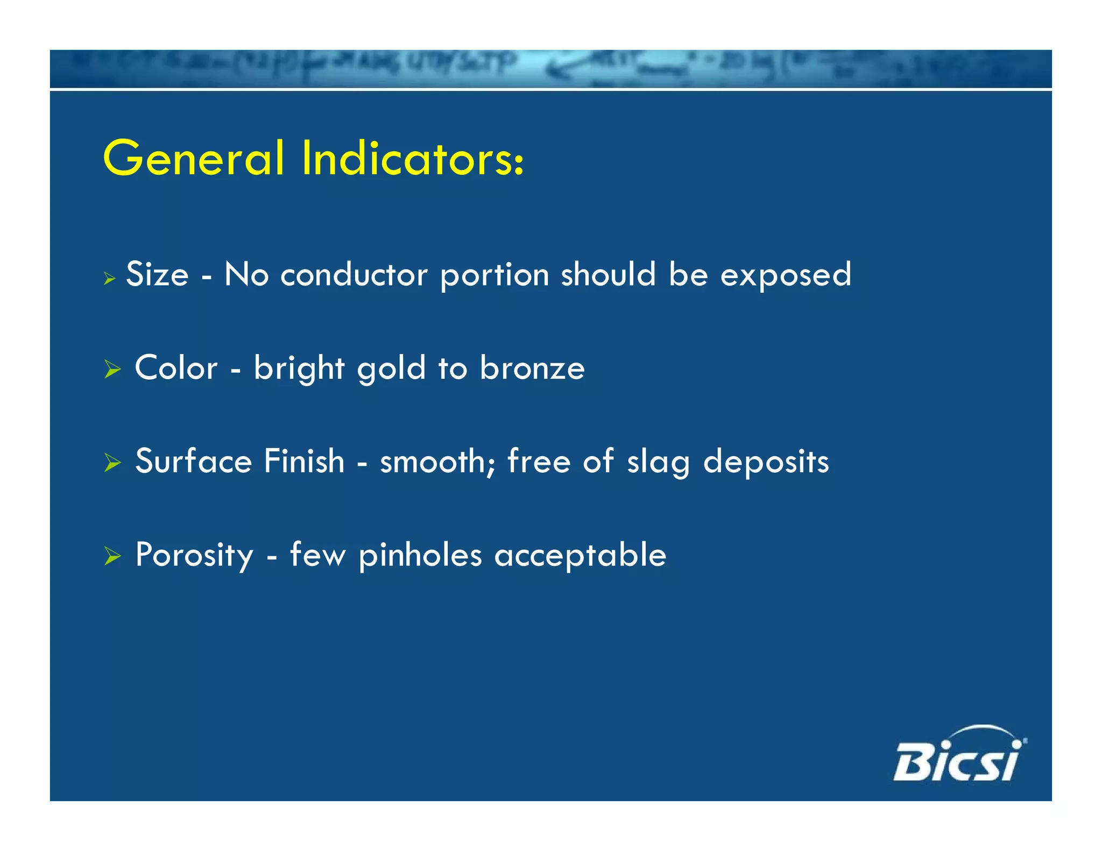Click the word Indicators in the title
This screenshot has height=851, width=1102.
411,159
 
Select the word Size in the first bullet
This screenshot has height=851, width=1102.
157,274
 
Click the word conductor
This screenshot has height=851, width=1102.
354,274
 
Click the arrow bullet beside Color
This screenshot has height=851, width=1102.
112,370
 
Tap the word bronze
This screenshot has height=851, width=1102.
532,370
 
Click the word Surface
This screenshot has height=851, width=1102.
193,462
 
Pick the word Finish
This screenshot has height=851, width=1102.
304,462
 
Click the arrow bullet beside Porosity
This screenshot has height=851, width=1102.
112,556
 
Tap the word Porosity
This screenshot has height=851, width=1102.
194,556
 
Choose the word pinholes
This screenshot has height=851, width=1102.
420,556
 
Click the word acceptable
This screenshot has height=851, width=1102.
580,556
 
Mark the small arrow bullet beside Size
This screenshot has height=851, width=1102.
110,279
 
